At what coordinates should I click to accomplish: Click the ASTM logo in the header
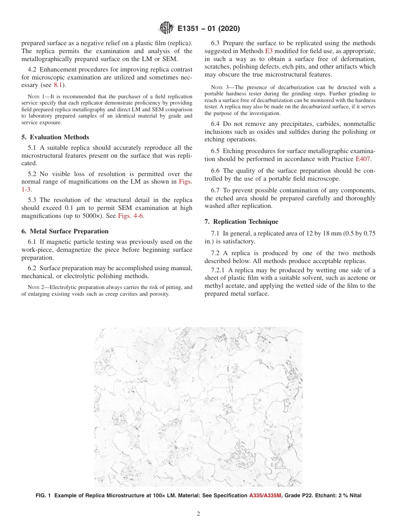point(166,29)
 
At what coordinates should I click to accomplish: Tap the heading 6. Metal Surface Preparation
point(65,231)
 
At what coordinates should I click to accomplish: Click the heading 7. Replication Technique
point(241,222)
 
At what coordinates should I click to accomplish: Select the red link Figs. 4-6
point(132,216)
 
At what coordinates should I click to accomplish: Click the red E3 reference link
point(269,51)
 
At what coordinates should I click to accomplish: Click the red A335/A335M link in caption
point(265,496)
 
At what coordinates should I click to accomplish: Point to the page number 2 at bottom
point(198,514)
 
